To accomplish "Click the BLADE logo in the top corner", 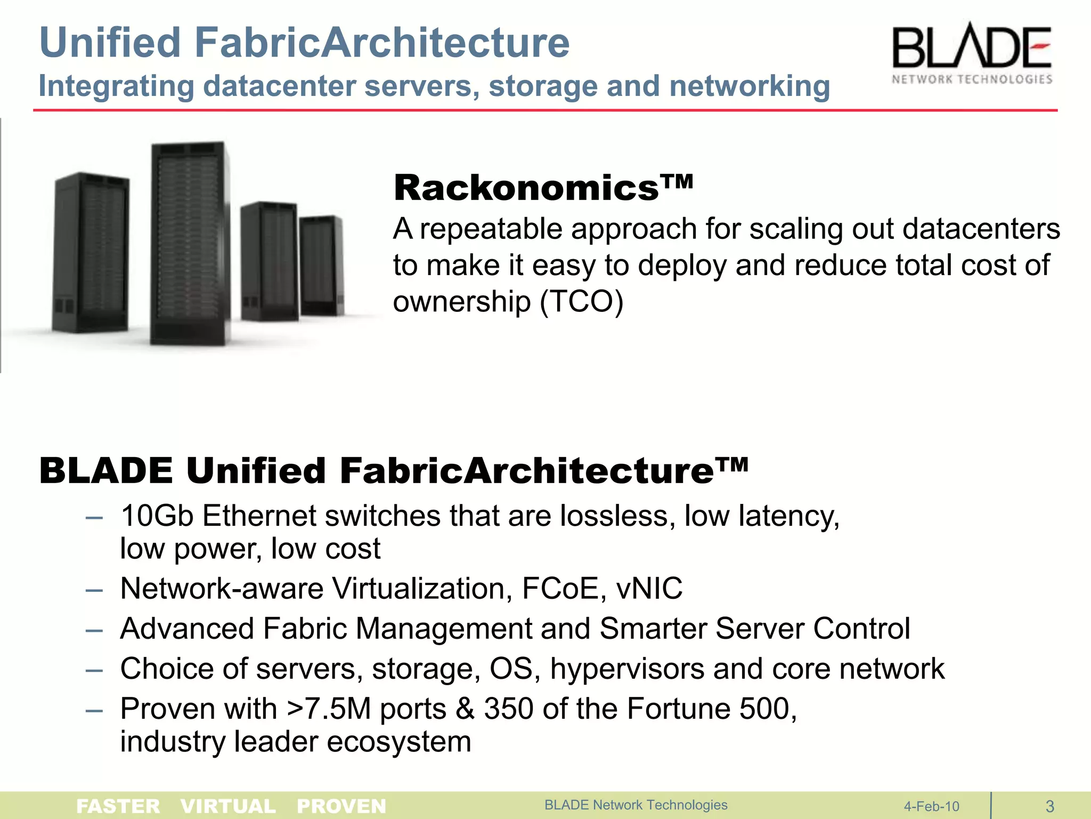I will (972, 53).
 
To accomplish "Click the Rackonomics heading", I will (543, 188).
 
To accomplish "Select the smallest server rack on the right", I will (320, 265).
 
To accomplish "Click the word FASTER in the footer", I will (118, 806).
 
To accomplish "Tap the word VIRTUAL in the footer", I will (228, 806).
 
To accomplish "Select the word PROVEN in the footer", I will (341, 806).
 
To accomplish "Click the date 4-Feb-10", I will (931, 806).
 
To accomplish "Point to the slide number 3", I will (1050, 806).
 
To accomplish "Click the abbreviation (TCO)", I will (581, 302).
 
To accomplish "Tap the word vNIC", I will (649, 589).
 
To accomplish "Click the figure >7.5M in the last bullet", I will (329, 709).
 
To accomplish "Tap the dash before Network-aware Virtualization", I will (94, 590).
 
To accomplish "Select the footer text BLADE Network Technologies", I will (636, 805).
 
